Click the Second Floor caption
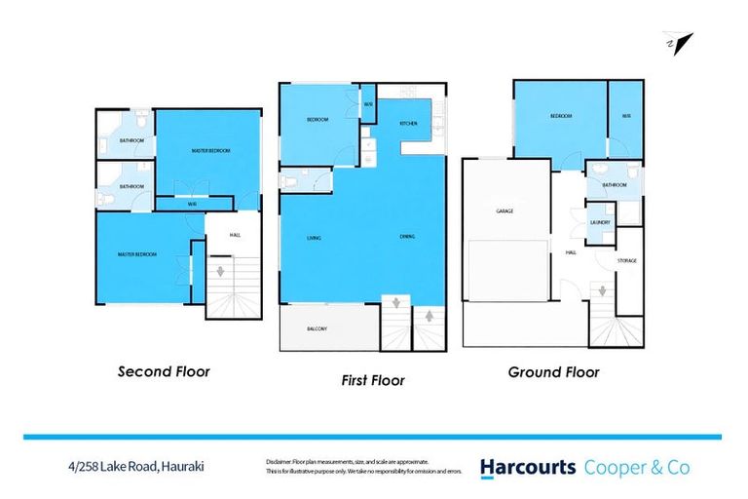click(x=164, y=371)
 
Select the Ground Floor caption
click(x=553, y=372)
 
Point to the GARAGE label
click(x=505, y=211)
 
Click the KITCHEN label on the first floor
click(x=409, y=124)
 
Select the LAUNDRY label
click(x=600, y=222)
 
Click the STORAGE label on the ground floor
click(x=627, y=261)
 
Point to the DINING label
click(x=407, y=237)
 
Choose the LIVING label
click(x=314, y=238)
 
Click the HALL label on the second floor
click(x=235, y=234)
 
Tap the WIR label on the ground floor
click(x=625, y=116)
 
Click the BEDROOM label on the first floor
click(x=318, y=119)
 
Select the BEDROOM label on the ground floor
click(x=560, y=116)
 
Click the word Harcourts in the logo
click(x=527, y=468)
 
